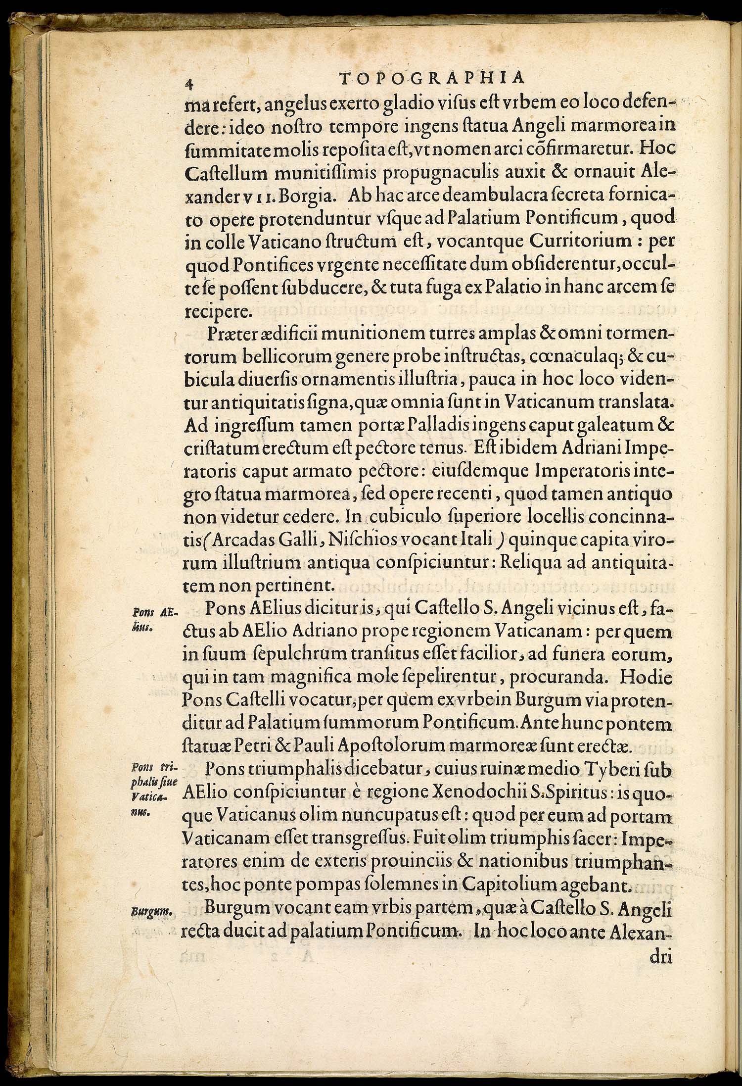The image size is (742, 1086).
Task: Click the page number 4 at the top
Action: pyautogui.click(x=187, y=83)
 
